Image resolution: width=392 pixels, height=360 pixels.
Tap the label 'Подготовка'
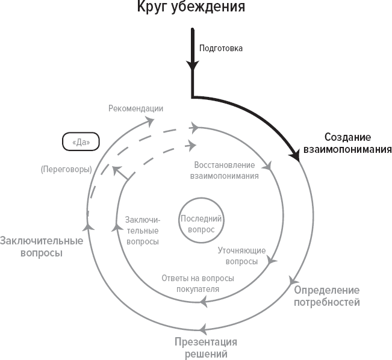click(221, 49)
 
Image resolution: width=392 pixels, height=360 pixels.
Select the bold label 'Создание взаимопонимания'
click(347, 143)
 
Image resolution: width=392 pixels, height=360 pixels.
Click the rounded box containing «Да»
click(81, 142)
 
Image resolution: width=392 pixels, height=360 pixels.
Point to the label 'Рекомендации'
click(136, 108)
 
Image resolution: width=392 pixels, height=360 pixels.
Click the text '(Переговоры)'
click(66, 169)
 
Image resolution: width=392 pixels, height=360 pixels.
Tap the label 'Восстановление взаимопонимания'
click(224, 170)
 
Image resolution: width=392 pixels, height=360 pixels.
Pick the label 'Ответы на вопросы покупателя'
click(198, 284)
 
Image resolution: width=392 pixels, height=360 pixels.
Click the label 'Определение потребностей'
click(327, 296)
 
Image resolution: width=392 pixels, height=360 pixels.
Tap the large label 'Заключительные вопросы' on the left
click(41, 247)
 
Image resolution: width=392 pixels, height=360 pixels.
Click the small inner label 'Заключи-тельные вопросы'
click(142, 231)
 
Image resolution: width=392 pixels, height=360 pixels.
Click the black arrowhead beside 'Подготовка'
click(192, 65)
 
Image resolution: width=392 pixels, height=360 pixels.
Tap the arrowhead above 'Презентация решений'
click(202, 328)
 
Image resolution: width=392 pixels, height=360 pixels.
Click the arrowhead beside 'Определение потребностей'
click(293, 281)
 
